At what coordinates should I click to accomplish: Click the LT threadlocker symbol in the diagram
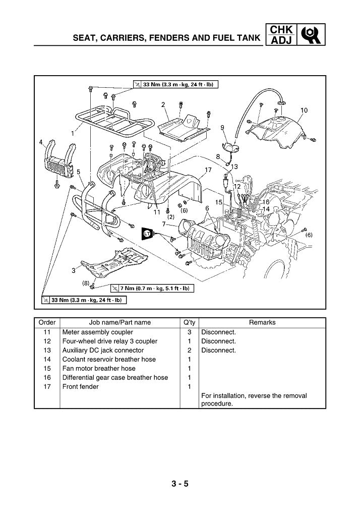tap(147, 233)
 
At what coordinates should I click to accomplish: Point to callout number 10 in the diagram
tap(305, 110)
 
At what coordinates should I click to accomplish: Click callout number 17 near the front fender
tap(208, 169)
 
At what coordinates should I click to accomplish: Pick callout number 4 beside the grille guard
tap(41, 142)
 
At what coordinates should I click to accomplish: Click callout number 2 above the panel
tap(163, 104)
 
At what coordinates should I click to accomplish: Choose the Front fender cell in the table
tap(81, 387)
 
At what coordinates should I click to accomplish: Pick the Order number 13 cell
tap(47, 351)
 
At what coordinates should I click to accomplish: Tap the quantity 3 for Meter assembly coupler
tap(189, 332)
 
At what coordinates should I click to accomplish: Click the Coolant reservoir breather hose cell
tap(109, 360)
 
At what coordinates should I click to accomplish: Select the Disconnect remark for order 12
tap(218, 342)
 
